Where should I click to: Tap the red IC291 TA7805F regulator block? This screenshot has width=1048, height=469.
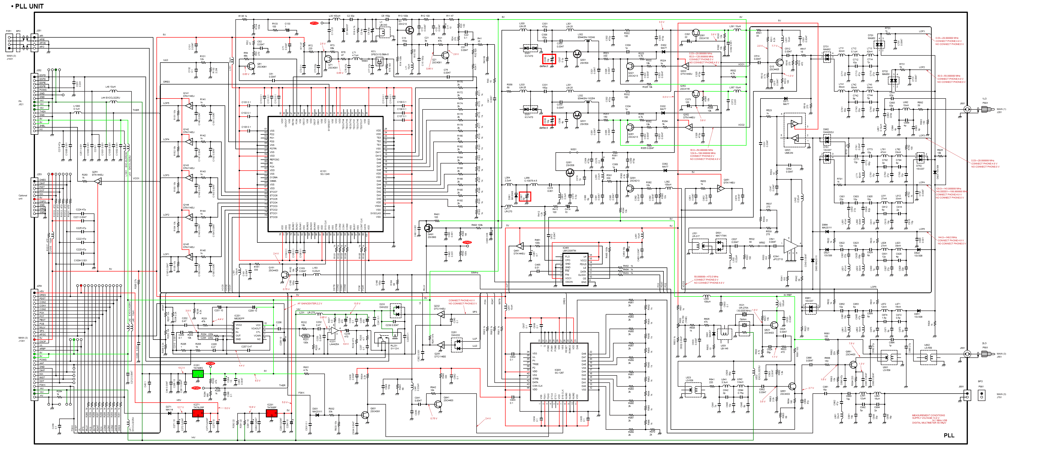(x=271, y=414)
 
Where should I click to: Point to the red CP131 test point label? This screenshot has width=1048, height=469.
(x=314, y=23)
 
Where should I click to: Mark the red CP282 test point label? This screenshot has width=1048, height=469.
(x=196, y=388)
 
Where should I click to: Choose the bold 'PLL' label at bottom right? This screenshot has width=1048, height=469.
(x=949, y=435)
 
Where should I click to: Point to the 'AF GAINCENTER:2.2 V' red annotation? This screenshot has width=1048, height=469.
(x=310, y=303)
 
